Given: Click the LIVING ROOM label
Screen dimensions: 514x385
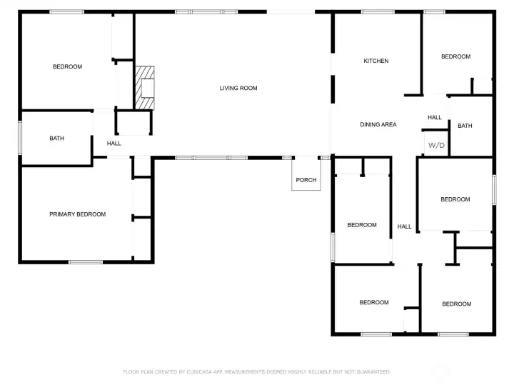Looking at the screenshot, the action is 238,88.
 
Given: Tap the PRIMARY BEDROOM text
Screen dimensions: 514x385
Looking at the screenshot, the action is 77,214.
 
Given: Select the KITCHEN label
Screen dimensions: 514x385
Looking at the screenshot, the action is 376,61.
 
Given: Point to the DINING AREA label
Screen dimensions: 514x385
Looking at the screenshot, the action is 378,124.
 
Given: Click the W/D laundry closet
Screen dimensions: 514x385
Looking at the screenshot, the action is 435,143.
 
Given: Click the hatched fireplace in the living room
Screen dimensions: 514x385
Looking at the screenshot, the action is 145,88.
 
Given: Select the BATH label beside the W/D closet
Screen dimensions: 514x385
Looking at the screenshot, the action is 465,126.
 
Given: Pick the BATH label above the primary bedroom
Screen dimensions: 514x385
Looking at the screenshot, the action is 56,138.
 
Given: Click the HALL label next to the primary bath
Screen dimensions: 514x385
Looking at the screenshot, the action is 114,144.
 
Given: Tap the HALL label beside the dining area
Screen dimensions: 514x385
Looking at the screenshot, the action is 435,117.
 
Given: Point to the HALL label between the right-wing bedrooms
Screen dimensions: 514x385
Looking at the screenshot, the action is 404,226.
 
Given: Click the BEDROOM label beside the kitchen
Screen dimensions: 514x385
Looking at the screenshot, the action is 455,56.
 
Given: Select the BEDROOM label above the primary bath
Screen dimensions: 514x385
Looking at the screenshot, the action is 68,66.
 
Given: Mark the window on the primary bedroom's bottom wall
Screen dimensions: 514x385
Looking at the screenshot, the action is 86,262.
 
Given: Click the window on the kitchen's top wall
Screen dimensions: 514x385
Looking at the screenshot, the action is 378,12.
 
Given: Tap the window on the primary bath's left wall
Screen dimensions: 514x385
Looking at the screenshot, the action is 20,138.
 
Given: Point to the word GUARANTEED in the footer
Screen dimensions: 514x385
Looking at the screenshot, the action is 373,372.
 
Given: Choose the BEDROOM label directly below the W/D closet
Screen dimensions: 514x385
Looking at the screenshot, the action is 455,199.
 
